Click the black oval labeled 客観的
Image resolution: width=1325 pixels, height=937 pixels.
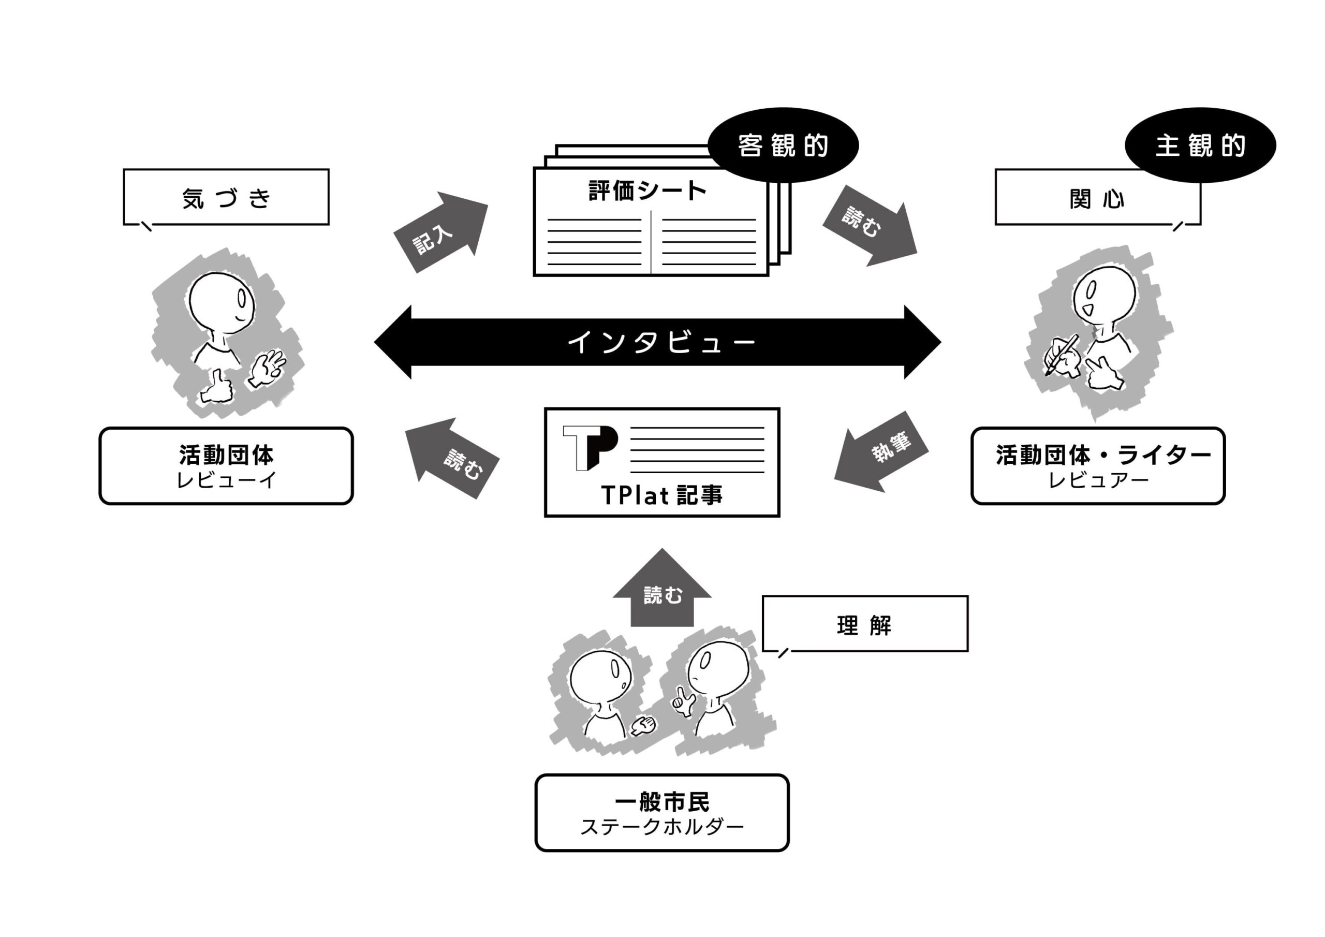tap(783, 145)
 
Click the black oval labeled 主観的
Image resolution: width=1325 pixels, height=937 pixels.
tap(1200, 145)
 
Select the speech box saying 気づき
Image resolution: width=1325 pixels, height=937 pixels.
tap(226, 197)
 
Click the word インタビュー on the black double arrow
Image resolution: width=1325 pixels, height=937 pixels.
tap(661, 342)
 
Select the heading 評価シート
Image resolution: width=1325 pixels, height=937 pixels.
tap(647, 191)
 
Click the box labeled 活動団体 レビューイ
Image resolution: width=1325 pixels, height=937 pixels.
tap(226, 466)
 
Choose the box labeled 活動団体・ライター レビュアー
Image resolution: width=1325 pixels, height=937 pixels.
tap(1097, 466)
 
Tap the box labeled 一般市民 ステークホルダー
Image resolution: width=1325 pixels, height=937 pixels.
tap(661, 813)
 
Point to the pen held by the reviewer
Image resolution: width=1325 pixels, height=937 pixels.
tap(1061, 355)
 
